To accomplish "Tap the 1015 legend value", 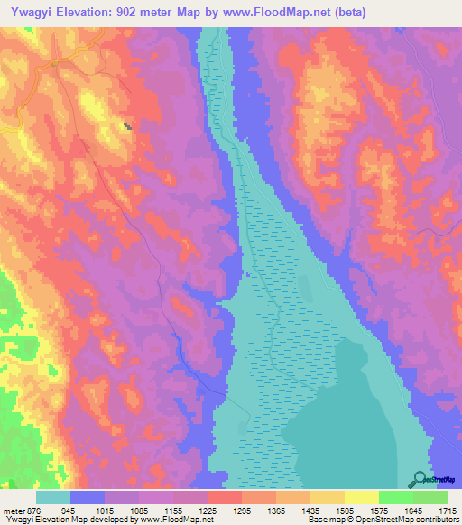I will pyautogui.click(x=123, y=510).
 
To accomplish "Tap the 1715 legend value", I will pyautogui.click(x=448, y=510).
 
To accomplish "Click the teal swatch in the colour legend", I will pyautogui.click(x=53, y=497).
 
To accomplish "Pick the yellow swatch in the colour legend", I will pyautogui.click(x=362, y=497).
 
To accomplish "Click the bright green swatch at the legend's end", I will pyautogui.click(x=430, y=497).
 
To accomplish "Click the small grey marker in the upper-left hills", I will pyautogui.click(x=127, y=125).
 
